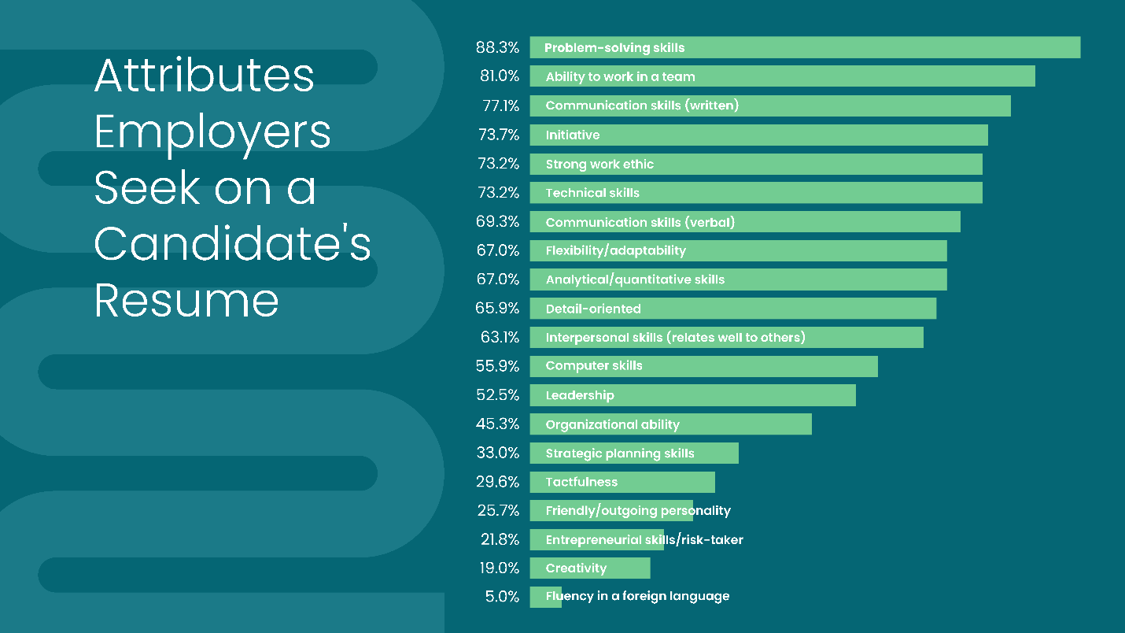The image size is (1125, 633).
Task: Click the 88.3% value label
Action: click(497, 47)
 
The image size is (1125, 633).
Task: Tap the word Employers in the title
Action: click(212, 132)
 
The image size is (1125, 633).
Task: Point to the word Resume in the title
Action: click(186, 300)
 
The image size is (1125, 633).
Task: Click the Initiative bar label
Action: click(573, 135)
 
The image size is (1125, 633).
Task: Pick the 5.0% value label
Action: click(502, 597)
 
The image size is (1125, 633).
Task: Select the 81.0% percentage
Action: click(500, 76)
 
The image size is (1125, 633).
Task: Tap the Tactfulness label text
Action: click(581, 482)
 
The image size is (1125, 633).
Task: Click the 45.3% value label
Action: click(497, 424)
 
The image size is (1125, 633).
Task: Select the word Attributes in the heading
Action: click(205, 76)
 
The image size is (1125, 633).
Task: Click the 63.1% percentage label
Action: click(500, 338)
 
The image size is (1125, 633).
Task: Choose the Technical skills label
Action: click(592, 193)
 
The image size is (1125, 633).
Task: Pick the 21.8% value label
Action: click(498, 539)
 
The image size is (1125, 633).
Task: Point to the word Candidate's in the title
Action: click(232, 244)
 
